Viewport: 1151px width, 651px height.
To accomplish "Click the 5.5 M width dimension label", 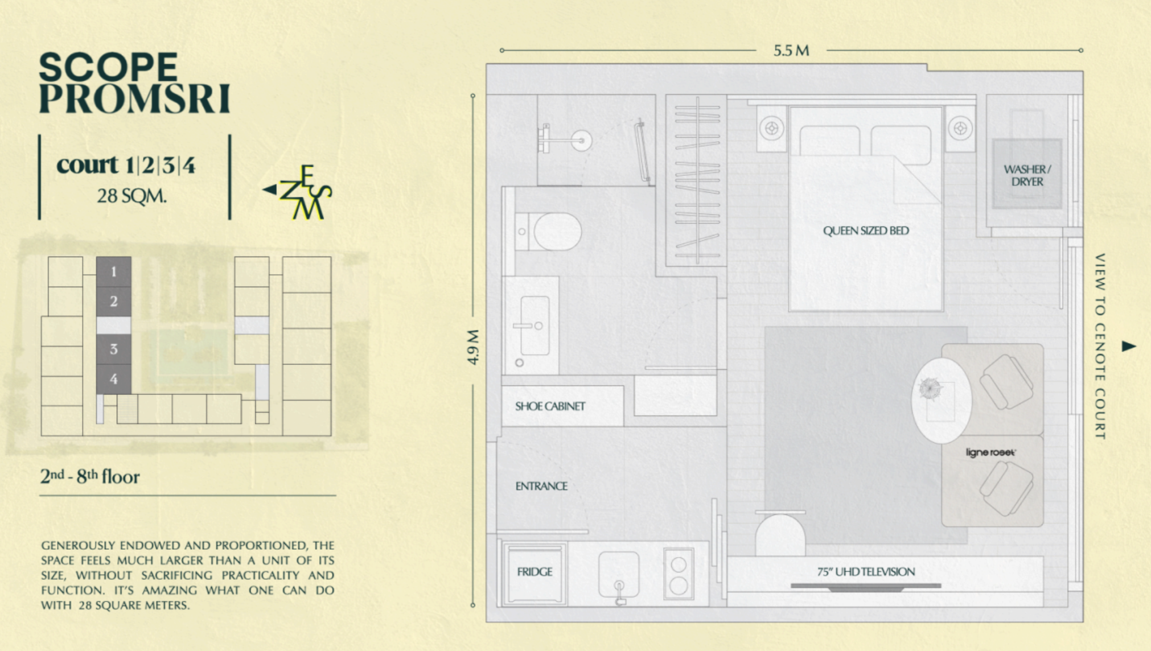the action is (x=791, y=51).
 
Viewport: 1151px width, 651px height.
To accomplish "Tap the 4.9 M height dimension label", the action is (x=473, y=347).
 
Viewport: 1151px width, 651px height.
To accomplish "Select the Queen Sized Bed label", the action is (x=866, y=230).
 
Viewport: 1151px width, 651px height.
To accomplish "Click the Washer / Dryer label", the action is (x=1027, y=175).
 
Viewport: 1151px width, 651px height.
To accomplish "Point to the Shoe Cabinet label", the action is (x=550, y=406).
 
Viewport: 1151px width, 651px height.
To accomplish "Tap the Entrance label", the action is (x=541, y=486).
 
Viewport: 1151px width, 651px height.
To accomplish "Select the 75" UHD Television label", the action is (x=866, y=572).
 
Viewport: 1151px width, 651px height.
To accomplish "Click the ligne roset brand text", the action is (x=990, y=452).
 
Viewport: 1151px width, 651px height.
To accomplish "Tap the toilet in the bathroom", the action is (x=548, y=232).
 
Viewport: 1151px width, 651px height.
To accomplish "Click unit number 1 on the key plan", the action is (x=114, y=271).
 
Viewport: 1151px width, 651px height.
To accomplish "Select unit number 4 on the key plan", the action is (x=114, y=379).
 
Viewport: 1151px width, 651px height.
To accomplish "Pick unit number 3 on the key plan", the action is (x=114, y=349).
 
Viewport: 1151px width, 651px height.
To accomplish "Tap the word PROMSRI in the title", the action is (x=134, y=98).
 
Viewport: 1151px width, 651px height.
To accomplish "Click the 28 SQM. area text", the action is (x=131, y=196).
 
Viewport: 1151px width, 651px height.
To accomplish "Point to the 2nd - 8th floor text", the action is (x=89, y=476).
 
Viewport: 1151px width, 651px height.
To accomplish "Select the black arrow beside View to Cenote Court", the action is (x=1129, y=346).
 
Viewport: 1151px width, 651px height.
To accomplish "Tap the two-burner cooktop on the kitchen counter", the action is (x=679, y=574).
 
